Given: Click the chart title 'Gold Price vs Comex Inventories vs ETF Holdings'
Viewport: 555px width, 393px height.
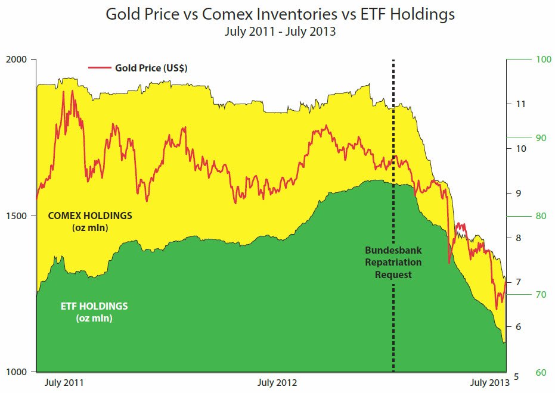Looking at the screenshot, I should [x=280, y=14].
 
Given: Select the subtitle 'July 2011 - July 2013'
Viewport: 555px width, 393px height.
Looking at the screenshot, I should [x=280, y=32].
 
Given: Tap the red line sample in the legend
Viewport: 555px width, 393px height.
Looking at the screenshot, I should [x=100, y=68].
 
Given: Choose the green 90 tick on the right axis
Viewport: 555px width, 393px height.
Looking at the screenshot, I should [x=541, y=138].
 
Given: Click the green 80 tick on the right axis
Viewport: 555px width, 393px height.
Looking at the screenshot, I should [x=541, y=216].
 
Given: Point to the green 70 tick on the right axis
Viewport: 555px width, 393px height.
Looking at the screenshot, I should [x=541, y=294].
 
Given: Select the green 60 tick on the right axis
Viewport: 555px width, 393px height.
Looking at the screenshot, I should [x=541, y=373].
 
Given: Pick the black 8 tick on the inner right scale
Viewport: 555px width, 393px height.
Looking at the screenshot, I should [x=518, y=238].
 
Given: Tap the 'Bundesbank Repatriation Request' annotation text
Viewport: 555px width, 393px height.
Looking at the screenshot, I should [x=393, y=262].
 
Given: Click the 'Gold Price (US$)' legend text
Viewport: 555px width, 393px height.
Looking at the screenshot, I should [x=151, y=68].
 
